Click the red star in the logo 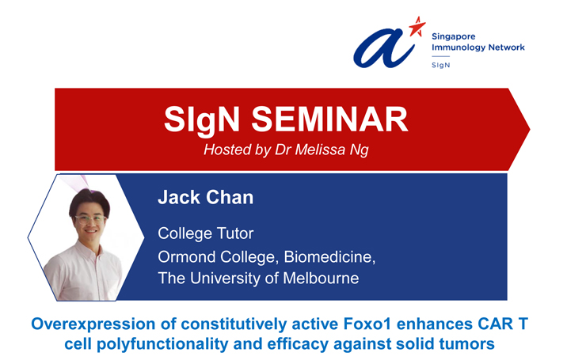point(417,27)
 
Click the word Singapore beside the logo point(454,36)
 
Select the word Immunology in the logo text point(459,47)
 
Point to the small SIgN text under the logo point(441,65)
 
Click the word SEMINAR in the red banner point(329,119)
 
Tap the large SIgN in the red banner point(202,120)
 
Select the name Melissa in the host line point(321,150)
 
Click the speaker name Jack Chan point(205,197)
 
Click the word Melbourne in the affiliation point(321,279)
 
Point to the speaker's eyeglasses point(90,219)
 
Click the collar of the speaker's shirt point(90,250)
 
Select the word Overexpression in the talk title point(93,324)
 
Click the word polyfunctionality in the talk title point(162,344)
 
